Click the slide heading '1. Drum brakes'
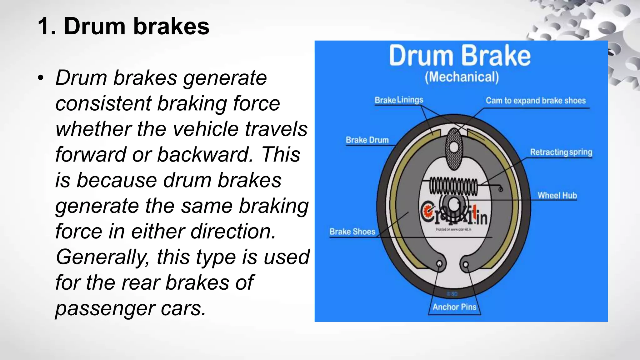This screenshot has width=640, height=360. [123, 26]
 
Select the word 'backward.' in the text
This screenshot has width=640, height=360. [205, 154]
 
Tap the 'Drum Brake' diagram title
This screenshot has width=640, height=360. [460, 56]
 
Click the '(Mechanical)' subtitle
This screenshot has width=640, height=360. [462, 77]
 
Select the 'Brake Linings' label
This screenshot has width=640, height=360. [399, 100]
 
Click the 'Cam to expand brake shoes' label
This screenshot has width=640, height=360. [536, 101]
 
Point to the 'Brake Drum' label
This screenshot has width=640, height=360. [367, 140]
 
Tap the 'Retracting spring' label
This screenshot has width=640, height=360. [561, 152]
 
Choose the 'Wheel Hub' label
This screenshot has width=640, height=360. [557, 195]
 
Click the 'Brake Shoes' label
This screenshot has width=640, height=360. [352, 232]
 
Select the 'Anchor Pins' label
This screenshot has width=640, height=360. [454, 307]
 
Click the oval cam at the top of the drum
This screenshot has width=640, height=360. [454, 149]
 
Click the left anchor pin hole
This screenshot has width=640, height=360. [440, 264]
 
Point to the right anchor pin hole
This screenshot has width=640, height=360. [466, 265]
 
